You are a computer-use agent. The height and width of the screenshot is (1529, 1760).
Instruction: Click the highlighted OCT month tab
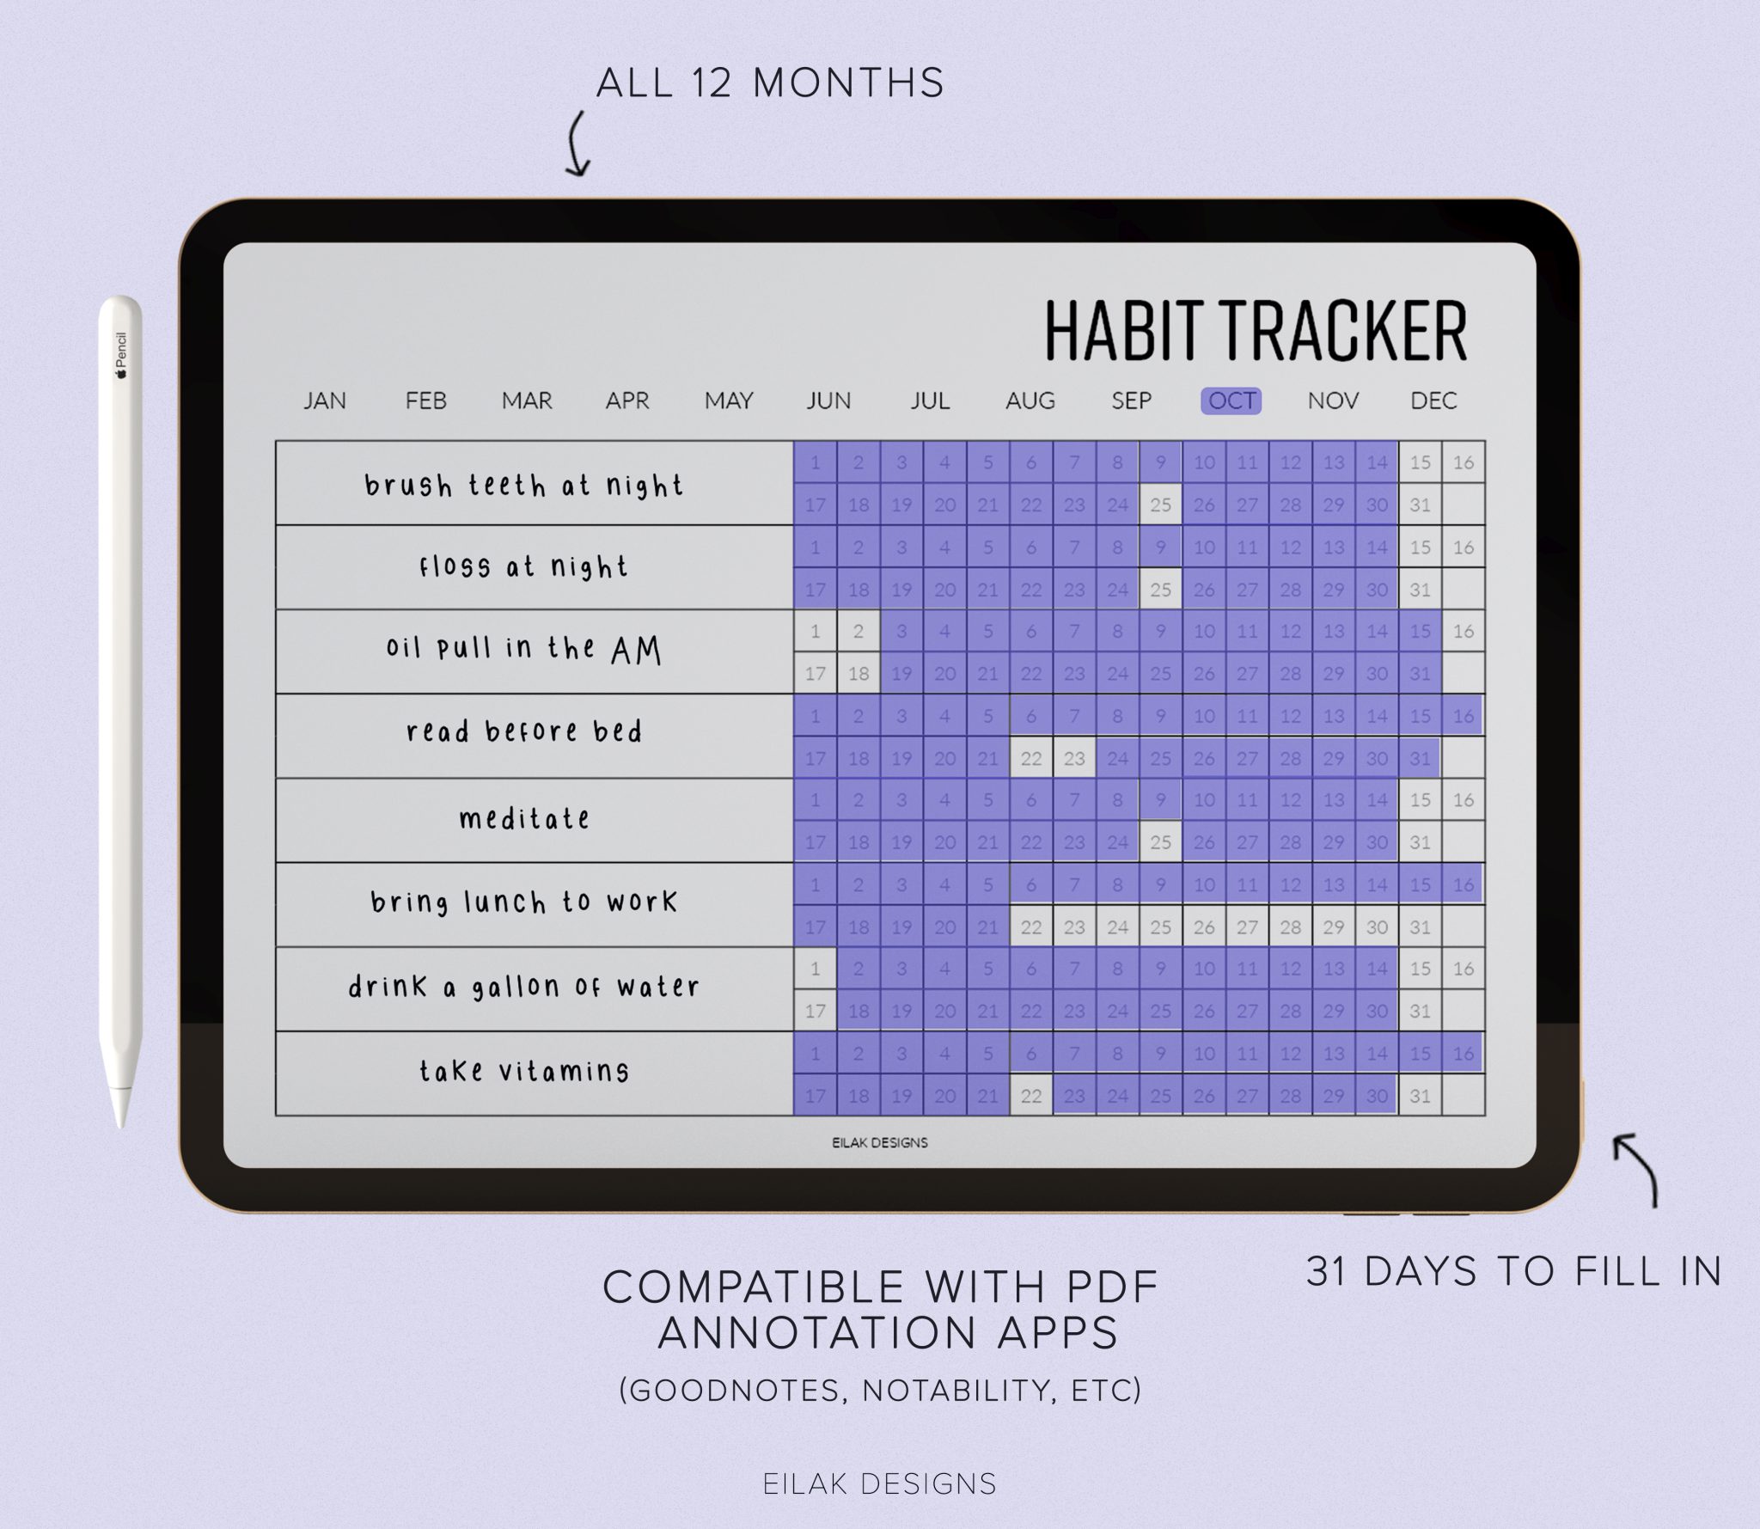1231,401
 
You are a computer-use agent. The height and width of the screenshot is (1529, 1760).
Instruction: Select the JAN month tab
325,401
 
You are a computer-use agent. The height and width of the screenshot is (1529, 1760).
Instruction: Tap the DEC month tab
1433,401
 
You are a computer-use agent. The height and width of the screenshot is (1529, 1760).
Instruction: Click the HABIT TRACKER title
1256,331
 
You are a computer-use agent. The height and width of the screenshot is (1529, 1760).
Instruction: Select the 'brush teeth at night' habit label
523,486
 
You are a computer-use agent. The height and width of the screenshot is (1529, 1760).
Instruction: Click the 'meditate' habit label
524,818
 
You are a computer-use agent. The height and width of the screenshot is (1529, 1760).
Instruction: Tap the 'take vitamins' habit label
524,1071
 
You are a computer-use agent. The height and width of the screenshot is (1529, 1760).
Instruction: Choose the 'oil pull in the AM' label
524,649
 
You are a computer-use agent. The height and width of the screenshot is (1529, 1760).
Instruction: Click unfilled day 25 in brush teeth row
1160,505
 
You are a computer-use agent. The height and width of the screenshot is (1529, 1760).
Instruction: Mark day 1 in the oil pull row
815,632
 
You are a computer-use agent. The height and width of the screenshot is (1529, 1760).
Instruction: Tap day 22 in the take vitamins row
1030,1096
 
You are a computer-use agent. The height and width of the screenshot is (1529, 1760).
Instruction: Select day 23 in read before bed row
1074,758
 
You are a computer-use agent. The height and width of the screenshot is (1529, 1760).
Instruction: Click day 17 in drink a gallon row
815,1012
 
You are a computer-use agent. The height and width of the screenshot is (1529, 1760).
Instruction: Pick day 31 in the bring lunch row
1420,927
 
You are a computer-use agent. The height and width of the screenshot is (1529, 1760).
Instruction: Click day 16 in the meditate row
1463,800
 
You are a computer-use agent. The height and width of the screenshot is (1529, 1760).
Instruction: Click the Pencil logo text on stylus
121,352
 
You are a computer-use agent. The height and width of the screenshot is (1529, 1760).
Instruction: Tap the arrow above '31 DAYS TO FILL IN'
1636,1169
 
